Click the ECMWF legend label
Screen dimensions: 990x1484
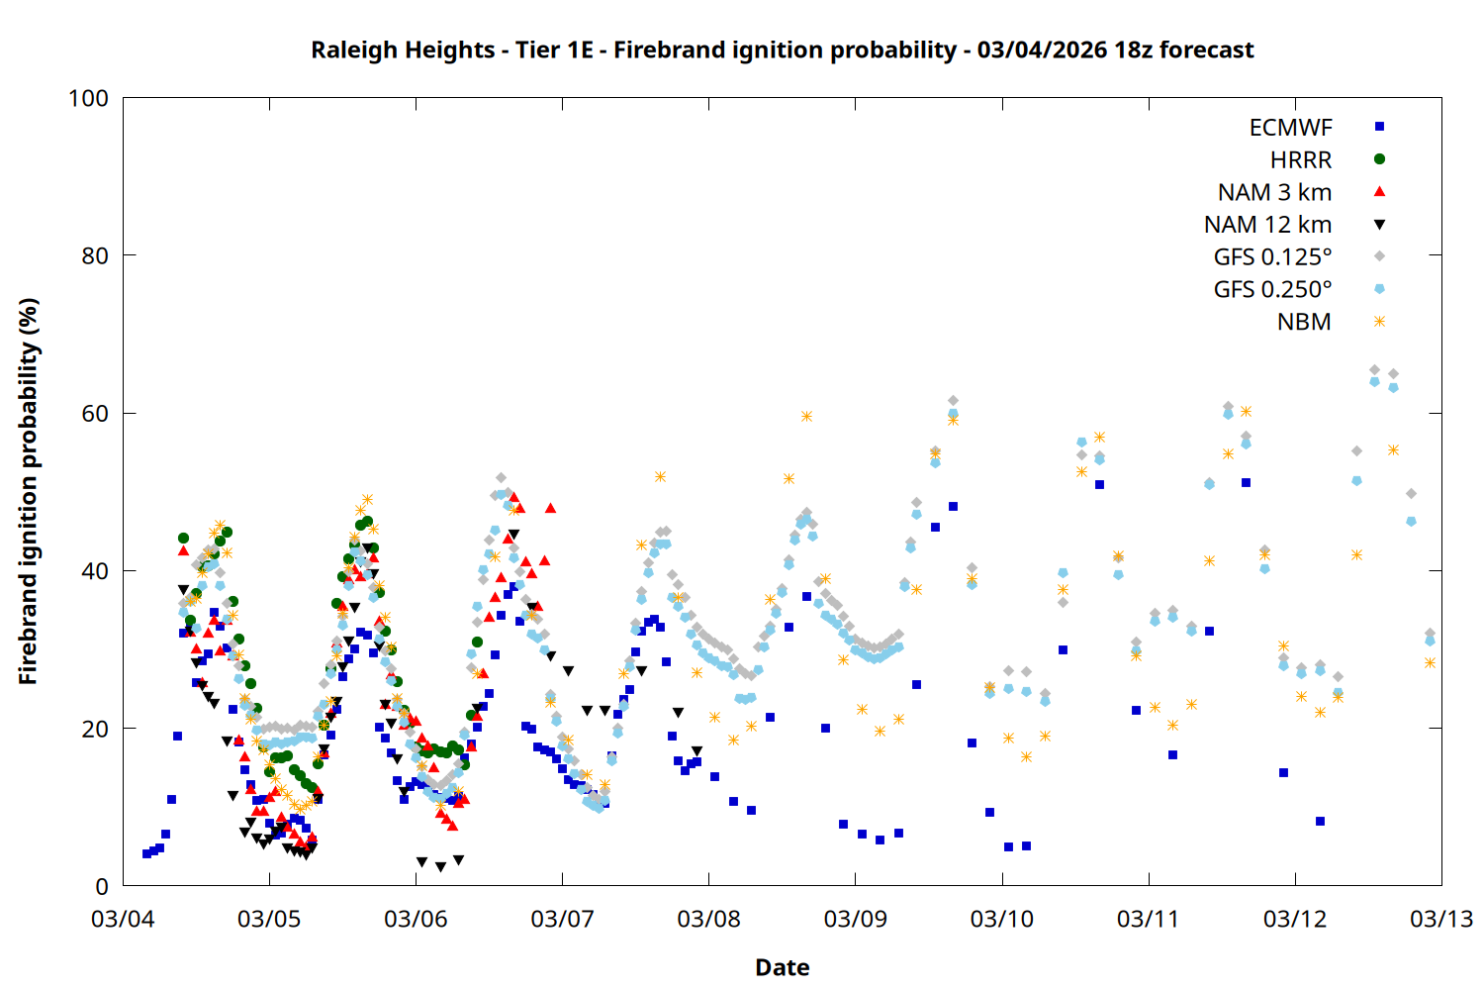(x=1290, y=128)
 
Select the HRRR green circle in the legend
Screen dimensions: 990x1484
(x=1379, y=159)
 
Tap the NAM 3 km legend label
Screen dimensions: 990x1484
(x=1274, y=192)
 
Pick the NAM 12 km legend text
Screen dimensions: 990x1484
(x=1267, y=225)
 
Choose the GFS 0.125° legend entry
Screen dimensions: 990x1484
(x=1272, y=257)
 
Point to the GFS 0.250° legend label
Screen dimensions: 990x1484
(x=1272, y=290)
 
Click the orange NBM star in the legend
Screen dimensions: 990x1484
(x=1379, y=322)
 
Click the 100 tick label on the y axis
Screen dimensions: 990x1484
(x=88, y=98)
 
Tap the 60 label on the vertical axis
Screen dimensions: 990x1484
(x=95, y=414)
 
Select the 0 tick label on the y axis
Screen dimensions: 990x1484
(x=102, y=887)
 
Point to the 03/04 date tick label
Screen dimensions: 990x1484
(x=123, y=919)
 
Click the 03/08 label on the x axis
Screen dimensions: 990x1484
(x=708, y=919)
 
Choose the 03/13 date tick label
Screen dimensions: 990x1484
(x=1440, y=919)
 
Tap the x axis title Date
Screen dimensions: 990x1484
(x=782, y=967)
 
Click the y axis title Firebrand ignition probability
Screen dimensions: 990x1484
(x=28, y=492)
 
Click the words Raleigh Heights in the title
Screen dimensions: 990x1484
(x=402, y=49)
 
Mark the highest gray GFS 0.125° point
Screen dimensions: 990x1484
(x=1374, y=370)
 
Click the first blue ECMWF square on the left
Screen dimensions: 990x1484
(x=146, y=853)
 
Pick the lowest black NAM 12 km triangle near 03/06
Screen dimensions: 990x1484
(x=440, y=867)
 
